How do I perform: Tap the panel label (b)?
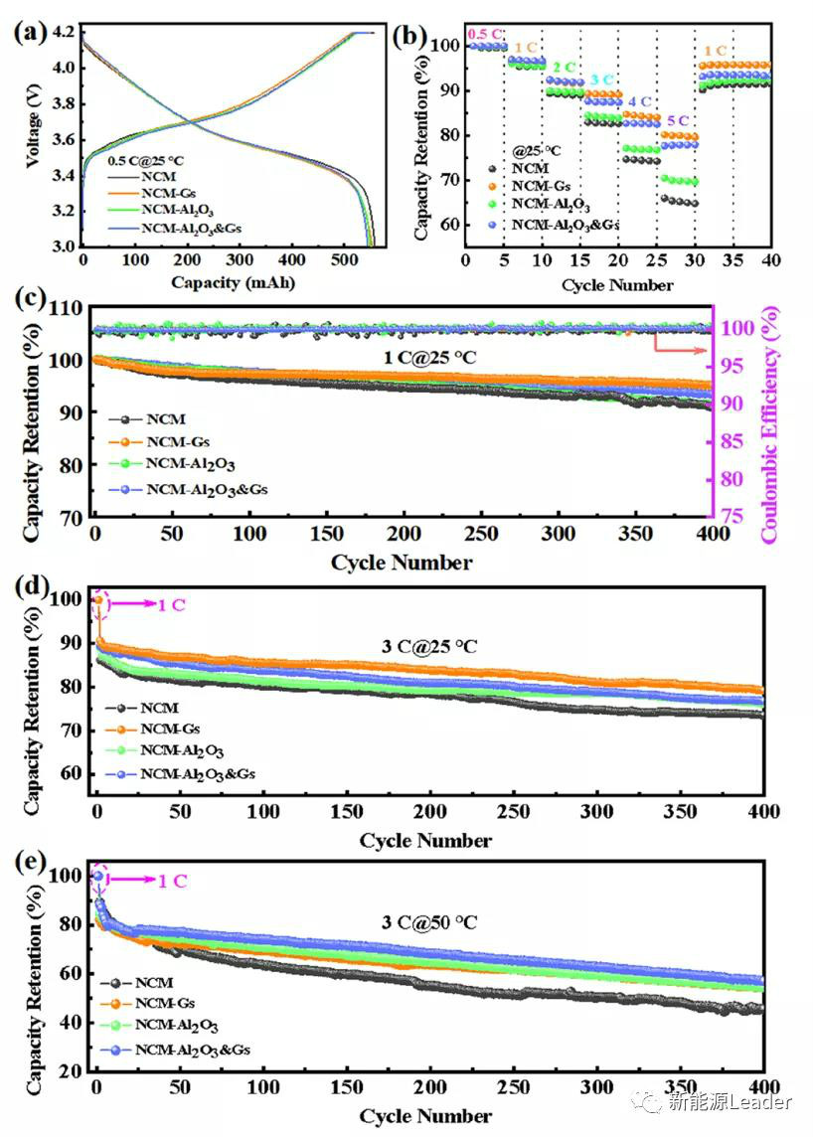pos(410,37)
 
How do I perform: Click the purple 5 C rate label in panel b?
pos(676,121)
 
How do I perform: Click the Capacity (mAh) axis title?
pos(233,282)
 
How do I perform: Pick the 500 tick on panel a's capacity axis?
pos(503,259)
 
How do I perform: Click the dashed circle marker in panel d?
pos(99,604)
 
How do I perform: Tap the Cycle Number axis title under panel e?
pos(425,1115)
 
